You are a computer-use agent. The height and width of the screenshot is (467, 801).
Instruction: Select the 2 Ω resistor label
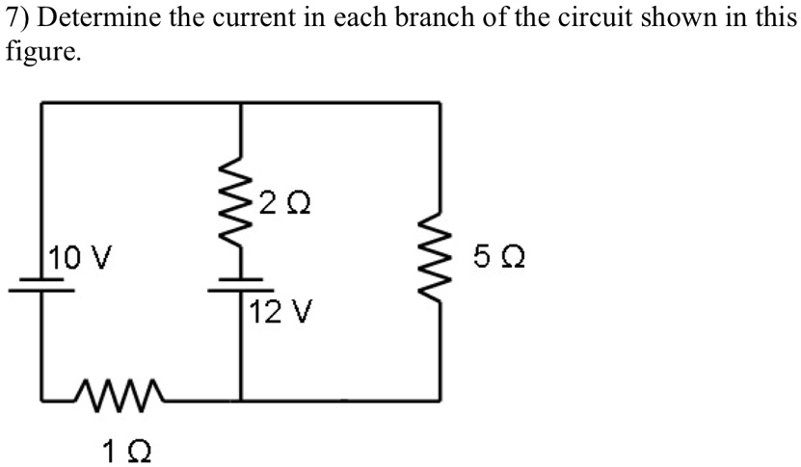286,204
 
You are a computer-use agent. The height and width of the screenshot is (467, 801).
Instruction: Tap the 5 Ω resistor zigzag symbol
441,257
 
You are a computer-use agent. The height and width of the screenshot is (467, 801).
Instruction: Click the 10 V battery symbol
42,286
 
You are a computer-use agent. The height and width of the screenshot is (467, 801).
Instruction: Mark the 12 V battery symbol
240,285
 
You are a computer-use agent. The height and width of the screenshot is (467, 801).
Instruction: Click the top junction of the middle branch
240,101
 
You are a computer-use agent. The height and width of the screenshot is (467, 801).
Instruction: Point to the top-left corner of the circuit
42,101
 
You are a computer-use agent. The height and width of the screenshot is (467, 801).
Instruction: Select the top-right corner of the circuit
441,101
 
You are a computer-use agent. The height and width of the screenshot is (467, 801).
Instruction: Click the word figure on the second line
40,51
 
